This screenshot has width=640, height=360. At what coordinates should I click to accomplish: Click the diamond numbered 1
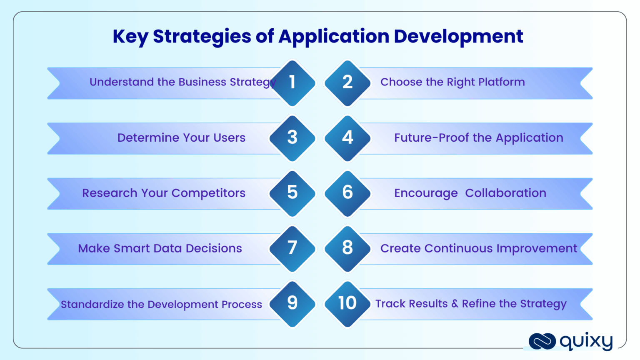292,82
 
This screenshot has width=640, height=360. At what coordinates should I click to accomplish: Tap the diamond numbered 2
347,82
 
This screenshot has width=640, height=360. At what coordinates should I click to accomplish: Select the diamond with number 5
292,193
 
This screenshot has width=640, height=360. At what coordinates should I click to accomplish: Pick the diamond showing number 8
347,248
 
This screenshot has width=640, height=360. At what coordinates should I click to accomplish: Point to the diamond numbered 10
347,303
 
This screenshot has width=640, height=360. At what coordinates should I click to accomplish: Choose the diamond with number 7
292,248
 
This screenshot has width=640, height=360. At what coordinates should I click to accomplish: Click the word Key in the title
130,37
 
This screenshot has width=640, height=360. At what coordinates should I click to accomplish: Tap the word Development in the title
458,37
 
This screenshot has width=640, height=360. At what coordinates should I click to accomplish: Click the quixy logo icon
542,341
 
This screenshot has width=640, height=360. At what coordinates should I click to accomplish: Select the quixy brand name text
586,341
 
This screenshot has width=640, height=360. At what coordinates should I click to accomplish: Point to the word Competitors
208,193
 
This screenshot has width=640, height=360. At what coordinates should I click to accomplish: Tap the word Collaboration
505,193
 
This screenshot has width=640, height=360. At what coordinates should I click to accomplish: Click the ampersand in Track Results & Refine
455,304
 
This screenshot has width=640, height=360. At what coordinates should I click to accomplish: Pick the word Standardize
92,305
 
